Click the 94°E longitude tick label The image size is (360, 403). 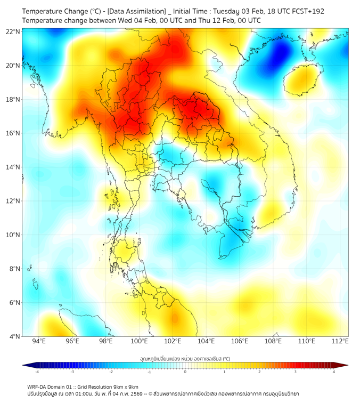[39, 341]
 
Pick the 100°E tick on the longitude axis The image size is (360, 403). [140, 341]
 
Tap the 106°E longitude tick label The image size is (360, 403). [240, 341]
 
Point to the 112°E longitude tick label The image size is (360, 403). [340, 341]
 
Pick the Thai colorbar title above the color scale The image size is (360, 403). [185, 359]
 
